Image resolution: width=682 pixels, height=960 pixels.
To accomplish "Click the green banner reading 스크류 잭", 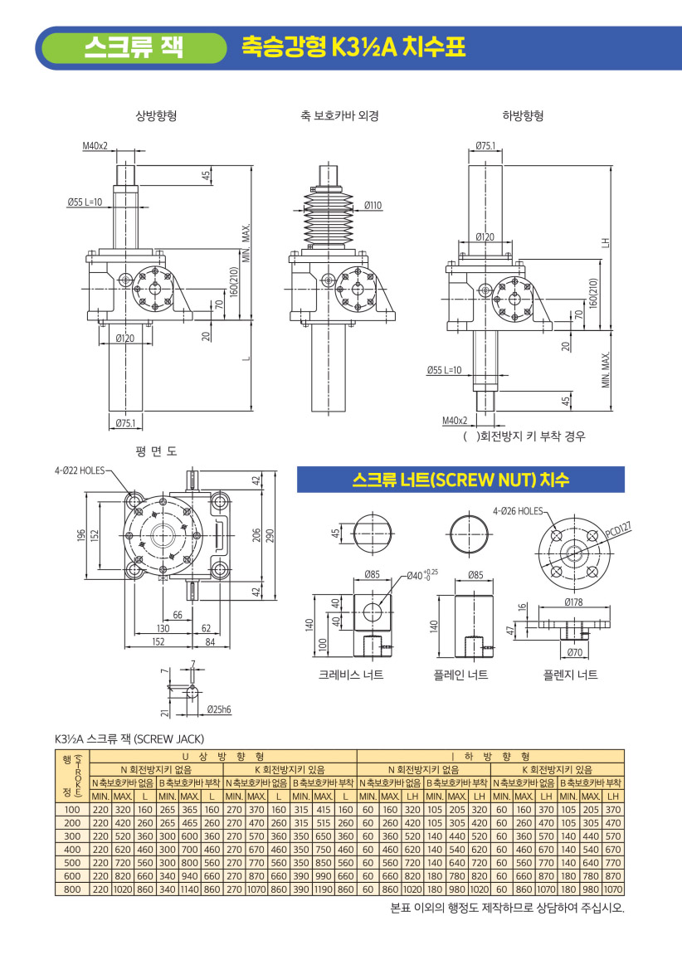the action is (134, 48).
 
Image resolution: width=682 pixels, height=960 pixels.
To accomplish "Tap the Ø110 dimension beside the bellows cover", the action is (373, 205).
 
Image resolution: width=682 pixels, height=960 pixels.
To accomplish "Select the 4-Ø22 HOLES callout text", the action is (79, 470).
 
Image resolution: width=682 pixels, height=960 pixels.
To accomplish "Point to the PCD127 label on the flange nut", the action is (617, 529).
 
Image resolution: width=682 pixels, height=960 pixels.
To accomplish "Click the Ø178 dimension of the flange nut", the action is (573, 602).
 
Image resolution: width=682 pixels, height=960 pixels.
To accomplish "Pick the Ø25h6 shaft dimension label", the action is (218, 709).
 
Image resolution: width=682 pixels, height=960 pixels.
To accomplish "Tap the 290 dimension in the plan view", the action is (270, 535).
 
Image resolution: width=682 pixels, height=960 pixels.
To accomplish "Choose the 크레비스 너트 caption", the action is (351, 675).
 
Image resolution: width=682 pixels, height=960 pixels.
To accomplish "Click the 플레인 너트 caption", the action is (460, 675).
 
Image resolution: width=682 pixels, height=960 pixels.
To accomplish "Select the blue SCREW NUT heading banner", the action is (460, 480).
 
